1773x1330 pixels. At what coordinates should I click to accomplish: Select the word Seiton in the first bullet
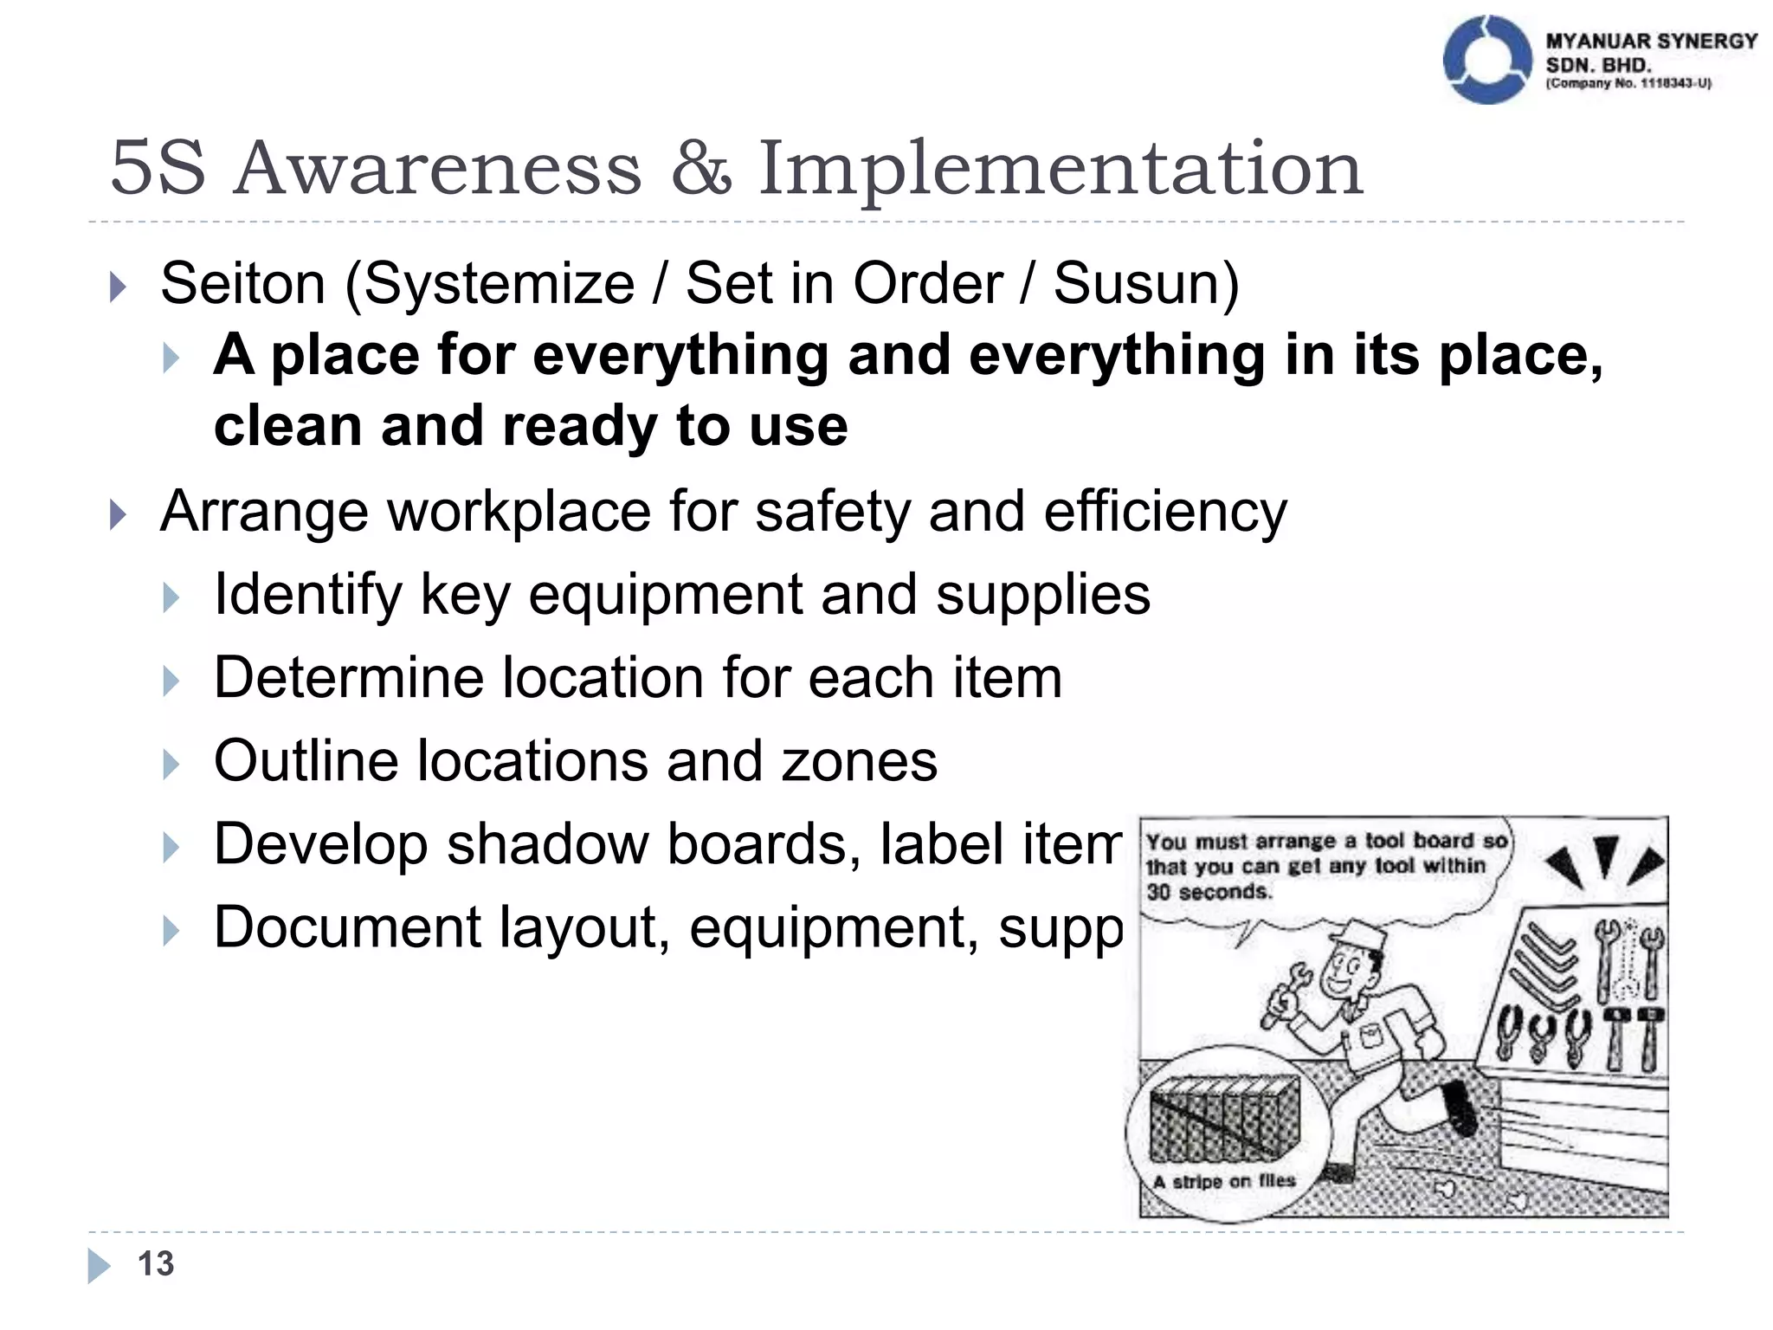pos(242,283)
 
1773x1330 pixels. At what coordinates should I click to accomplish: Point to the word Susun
pos(1145,283)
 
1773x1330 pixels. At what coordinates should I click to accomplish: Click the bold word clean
pos(287,426)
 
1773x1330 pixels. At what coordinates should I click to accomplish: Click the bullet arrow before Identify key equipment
pos(171,597)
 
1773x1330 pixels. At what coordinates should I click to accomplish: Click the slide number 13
pos(156,1263)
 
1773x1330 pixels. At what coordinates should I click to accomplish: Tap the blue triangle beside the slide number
pos(99,1265)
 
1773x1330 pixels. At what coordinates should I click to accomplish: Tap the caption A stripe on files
pos(1224,1181)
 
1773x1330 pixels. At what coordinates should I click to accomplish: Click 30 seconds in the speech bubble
pos(1209,892)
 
